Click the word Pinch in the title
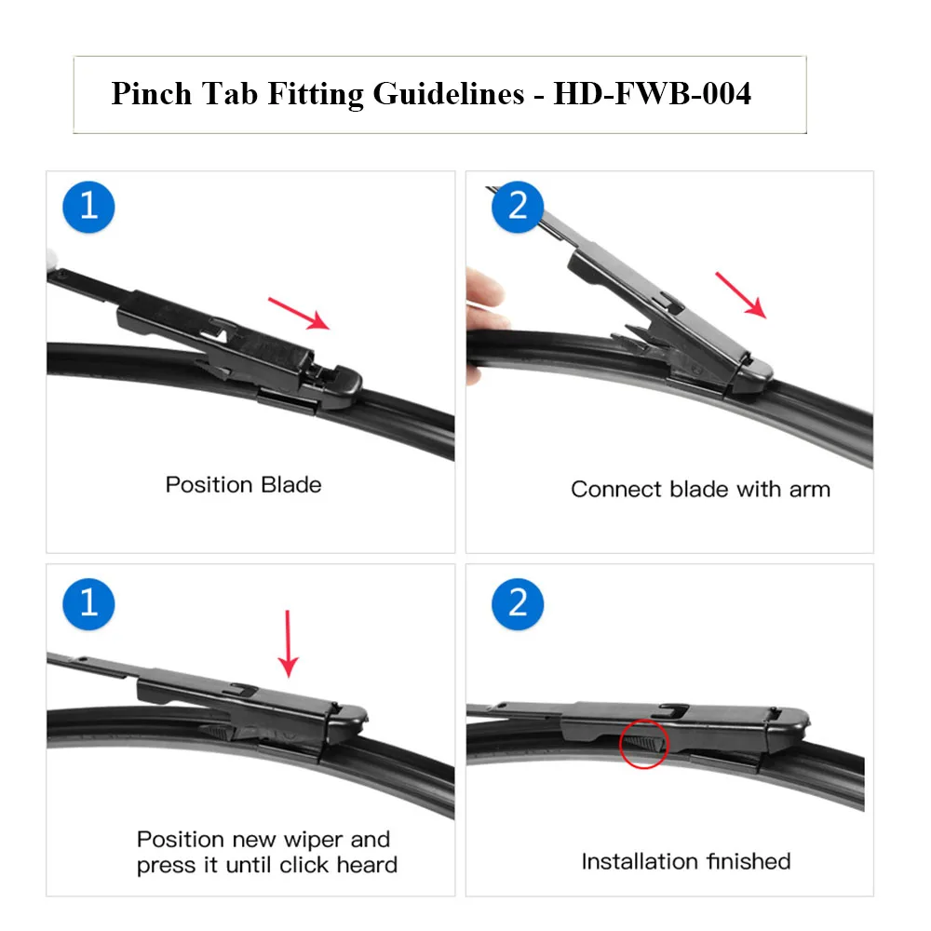tap(150, 94)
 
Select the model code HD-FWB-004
tap(652, 94)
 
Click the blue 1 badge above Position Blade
tap(88, 206)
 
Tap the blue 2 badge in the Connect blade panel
tap(518, 206)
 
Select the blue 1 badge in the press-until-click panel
tap(88, 603)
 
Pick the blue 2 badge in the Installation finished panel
tap(518, 603)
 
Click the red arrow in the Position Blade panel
tap(299, 313)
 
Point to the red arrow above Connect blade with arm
tap(740, 295)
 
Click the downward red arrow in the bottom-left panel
tap(289, 643)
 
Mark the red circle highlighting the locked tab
tap(642, 743)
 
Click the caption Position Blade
tap(243, 485)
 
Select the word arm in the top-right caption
tap(809, 490)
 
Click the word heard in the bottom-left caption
tap(367, 865)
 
